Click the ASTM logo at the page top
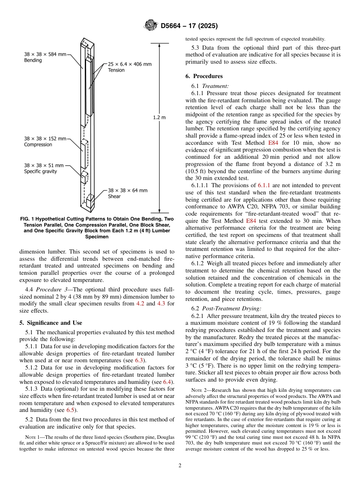click(151, 26)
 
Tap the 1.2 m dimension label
click(159, 117)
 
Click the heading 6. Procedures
click(204, 76)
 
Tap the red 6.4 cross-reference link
click(167, 382)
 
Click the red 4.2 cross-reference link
click(140, 304)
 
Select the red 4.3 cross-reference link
click(161, 304)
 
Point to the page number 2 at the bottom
click(180, 466)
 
